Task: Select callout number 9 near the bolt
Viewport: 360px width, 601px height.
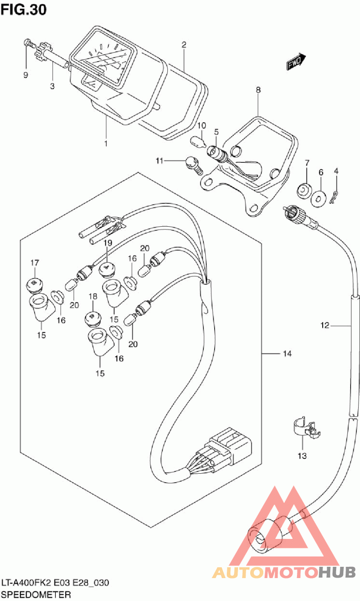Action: pyautogui.click(x=26, y=75)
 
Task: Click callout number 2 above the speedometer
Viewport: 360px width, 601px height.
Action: pyautogui.click(x=184, y=45)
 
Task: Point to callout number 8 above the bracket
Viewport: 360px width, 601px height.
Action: pyautogui.click(x=258, y=90)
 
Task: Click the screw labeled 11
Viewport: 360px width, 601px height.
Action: pyautogui.click(x=193, y=164)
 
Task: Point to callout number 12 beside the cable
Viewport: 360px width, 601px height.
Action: pyautogui.click(x=325, y=325)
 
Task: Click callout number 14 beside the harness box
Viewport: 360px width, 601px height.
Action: pyautogui.click(x=287, y=354)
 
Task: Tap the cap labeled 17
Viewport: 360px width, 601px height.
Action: pyautogui.click(x=35, y=283)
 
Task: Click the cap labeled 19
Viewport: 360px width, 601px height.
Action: pyautogui.click(x=107, y=268)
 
